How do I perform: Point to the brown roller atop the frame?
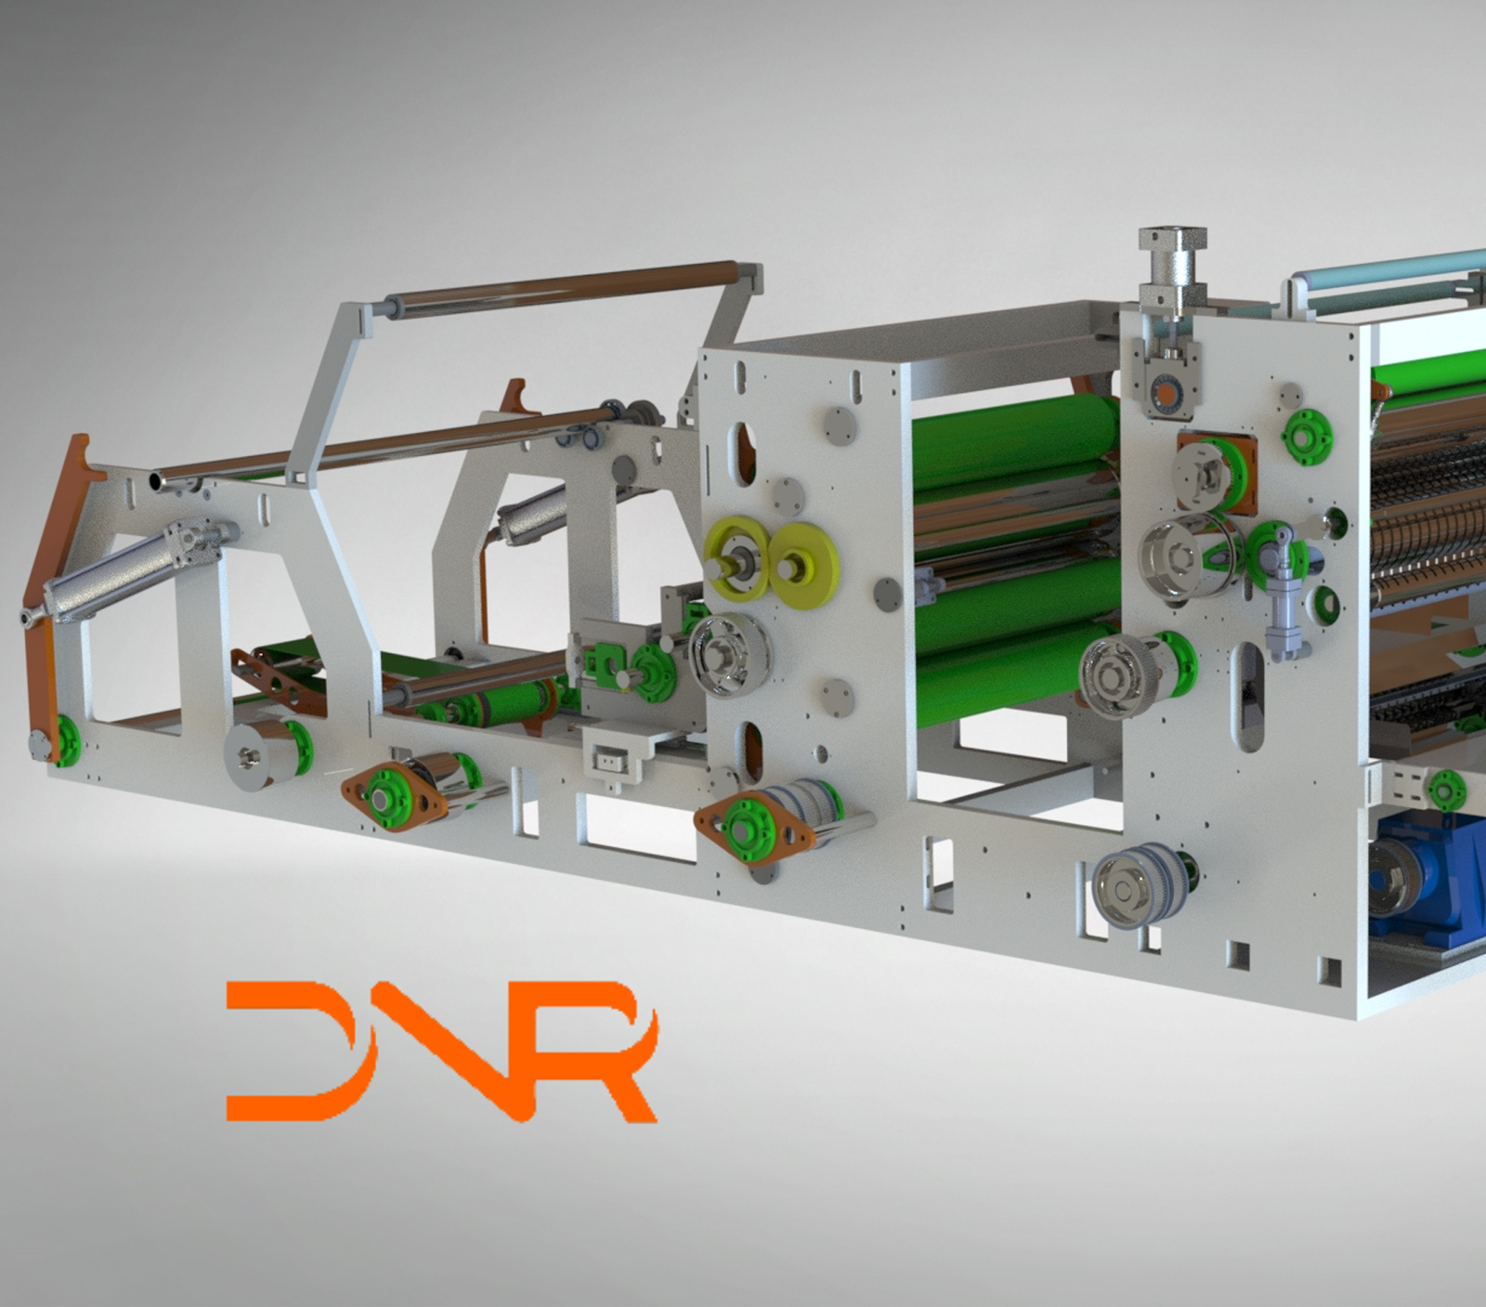click(567, 288)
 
